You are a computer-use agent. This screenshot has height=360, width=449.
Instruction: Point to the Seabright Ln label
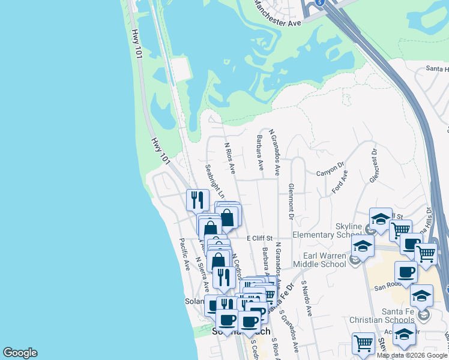pos(214,181)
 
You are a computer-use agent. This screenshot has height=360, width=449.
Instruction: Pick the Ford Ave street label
pos(340,182)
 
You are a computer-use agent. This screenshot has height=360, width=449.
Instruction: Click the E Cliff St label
pos(260,239)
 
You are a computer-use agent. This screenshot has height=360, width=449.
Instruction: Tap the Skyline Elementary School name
pos(328,230)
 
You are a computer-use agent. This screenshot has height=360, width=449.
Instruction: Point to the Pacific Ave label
pos(184,253)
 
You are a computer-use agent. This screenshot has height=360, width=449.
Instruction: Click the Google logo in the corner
pos(20,353)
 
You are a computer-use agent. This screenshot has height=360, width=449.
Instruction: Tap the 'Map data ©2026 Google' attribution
pos(412,355)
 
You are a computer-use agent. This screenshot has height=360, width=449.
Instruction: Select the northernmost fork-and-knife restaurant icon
pos(197,200)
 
